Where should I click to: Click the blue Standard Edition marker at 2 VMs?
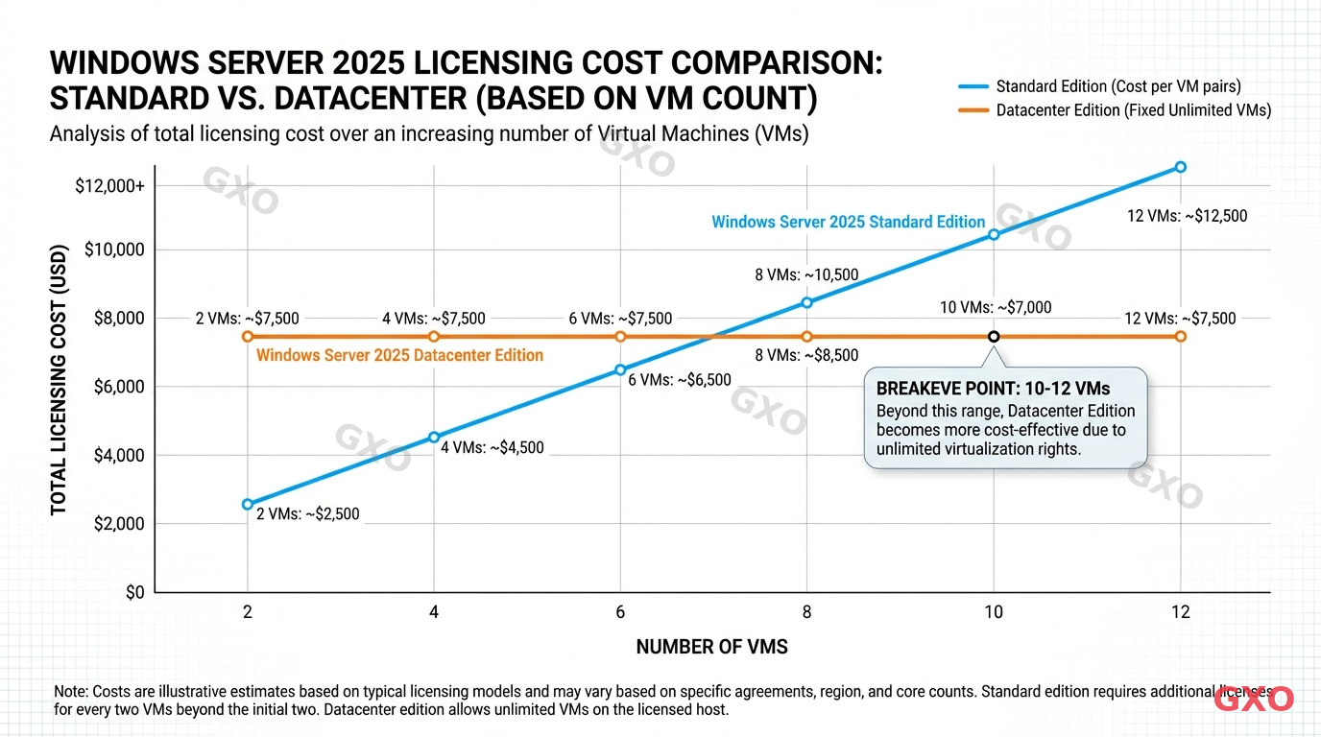[248, 504]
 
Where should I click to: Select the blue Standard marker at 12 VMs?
[1181, 167]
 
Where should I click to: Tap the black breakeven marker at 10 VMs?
[994, 336]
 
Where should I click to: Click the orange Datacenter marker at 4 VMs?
[434, 336]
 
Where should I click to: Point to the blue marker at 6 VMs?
[620, 369]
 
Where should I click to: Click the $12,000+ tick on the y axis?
[109, 185]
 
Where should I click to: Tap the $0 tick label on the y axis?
[133, 593]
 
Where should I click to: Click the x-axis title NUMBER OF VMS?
[711, 647]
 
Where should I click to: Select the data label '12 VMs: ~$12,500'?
[1187, 216]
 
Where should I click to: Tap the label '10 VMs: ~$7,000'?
[995, 308]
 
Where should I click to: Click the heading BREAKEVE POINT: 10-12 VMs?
[993, 389]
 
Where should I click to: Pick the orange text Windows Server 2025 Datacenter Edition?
[400, 355]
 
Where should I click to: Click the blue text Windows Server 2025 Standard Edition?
[848, 222]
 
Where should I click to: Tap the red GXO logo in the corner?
[1254, 700]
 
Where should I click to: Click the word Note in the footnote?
[70, 692]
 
